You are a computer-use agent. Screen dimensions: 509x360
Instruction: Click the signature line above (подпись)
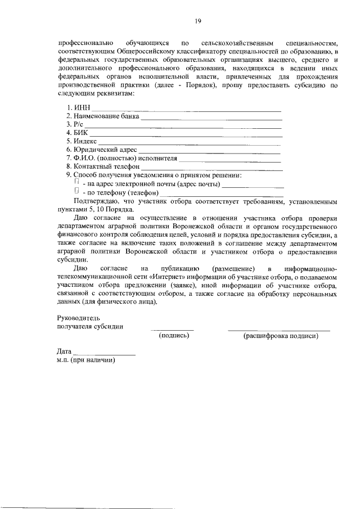[x=172, y=330]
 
